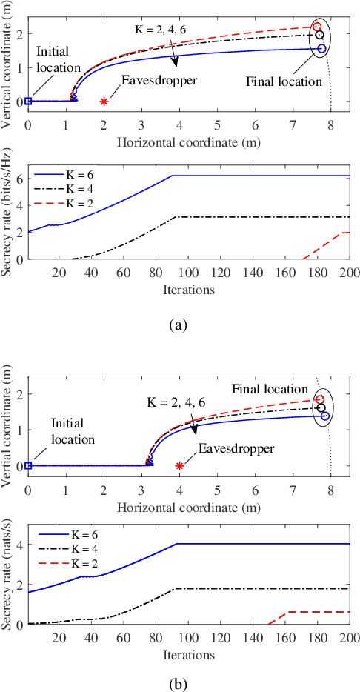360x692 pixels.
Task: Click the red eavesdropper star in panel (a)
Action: click(x=104, y=102)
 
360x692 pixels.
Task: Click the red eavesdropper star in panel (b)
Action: click(x=179, y=465)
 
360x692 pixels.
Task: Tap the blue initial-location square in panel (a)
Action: click(x=28, y=102)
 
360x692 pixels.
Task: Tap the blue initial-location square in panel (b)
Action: click(x=28, y=465)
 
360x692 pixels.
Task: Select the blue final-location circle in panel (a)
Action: click(x=321, y=48)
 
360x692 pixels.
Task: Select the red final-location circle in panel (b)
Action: click(x=320, y=399)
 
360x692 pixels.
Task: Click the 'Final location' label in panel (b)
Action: click(x=269, y=389)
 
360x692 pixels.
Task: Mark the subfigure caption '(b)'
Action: click(x=179, y=676)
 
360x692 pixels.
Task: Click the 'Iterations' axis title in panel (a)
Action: click(x=188, y=289)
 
